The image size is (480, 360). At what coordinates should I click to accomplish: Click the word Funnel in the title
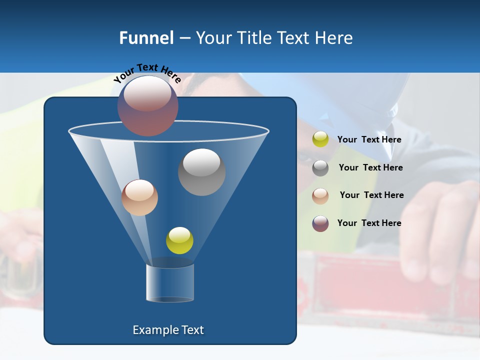click(x=146, y=38)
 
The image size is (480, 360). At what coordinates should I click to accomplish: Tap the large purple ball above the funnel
click(x=148, y=105)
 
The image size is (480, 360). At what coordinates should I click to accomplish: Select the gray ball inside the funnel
click(x=201, y=172)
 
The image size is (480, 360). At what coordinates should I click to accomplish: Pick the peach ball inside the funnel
click(x=139, y=197)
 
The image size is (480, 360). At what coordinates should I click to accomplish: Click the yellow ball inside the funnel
click(x=179, y=240)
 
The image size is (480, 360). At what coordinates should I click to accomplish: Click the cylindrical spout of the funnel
click(x=170, y=283)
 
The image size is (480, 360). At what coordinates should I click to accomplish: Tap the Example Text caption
click(x=168, y=330)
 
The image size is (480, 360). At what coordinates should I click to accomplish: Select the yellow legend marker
click(x=320, y=139)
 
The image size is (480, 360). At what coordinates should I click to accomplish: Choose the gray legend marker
click(x=320, y=168)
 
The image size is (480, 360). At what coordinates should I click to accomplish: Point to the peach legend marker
click(x=320, y=195)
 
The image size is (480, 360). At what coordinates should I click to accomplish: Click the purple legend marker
click(x=320, y=223)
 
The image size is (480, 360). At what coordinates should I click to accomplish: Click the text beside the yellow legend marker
click(x=369, y=140)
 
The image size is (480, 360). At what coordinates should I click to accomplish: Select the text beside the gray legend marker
click(x=370, y=168)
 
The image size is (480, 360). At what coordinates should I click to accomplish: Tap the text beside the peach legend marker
click(x=371, y=195)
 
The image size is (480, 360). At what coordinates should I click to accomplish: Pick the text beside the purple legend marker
click(x=369, y=223)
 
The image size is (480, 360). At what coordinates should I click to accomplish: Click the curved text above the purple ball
click(x=147, y=73)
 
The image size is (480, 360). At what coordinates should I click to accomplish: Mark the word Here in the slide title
click(x=334, y=38)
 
